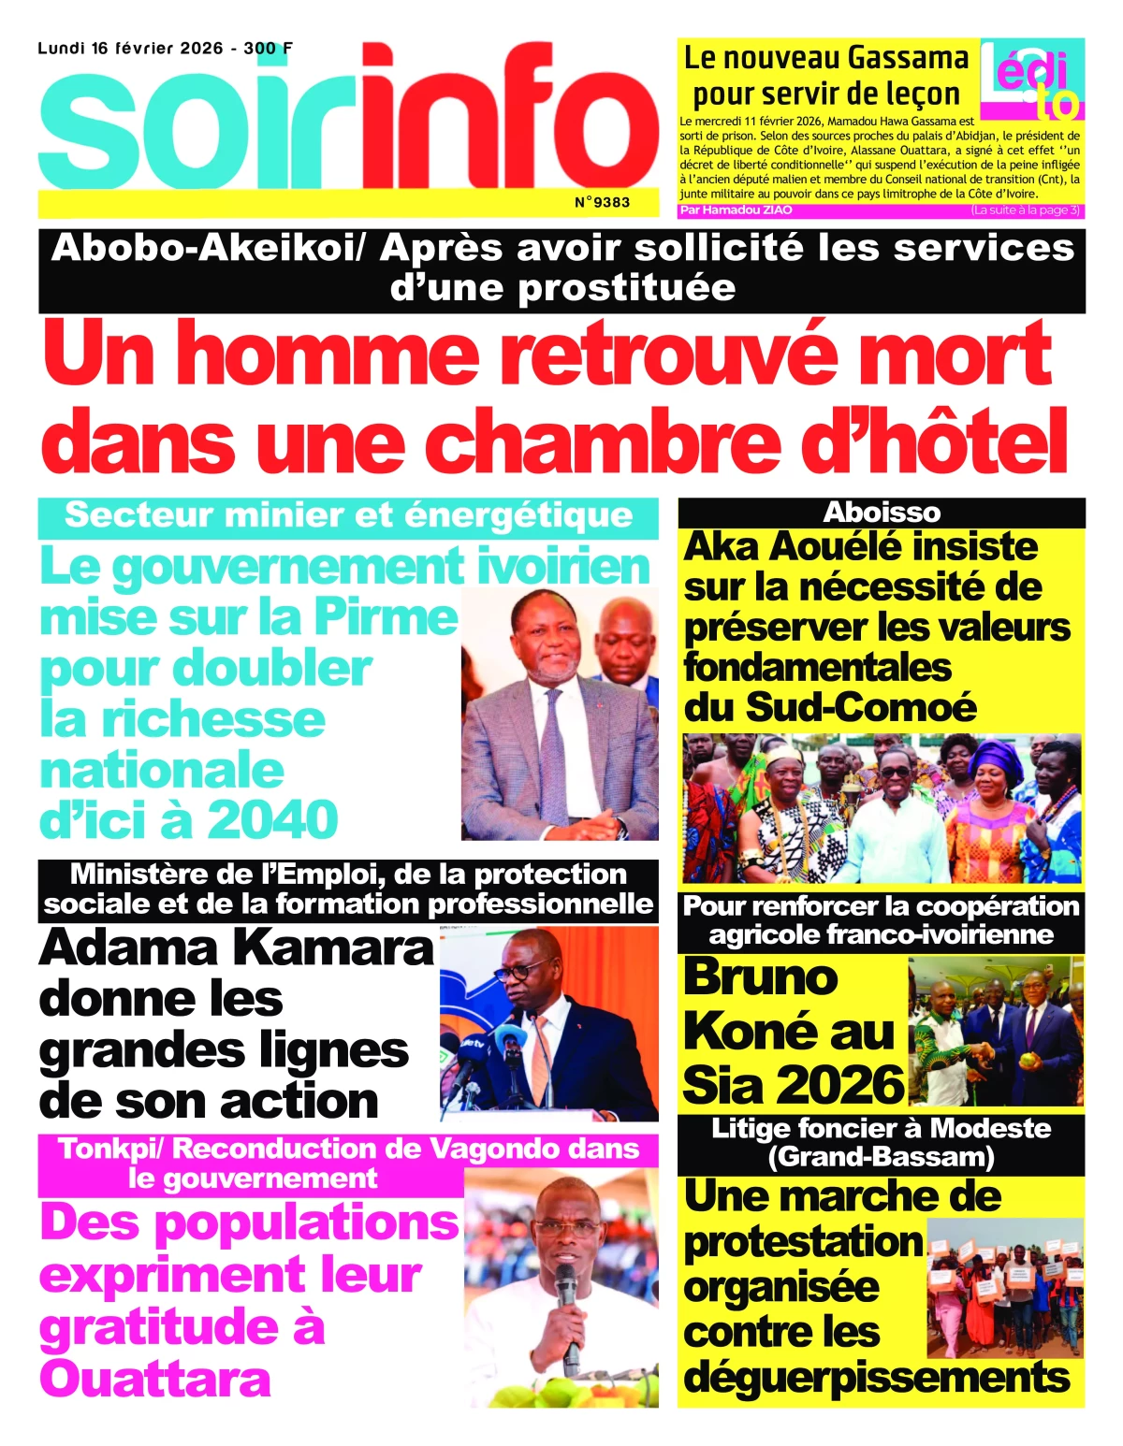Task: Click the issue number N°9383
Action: pos(602,201)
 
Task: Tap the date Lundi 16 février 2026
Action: pos(130,48)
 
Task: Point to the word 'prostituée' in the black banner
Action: pos(625,287)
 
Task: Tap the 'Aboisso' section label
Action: pos(882,513)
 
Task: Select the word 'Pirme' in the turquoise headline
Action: pos(386,617)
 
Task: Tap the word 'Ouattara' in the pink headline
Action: pos(155,1378)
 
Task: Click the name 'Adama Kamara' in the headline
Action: pos(237,947)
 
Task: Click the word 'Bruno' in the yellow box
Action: pos(761,976)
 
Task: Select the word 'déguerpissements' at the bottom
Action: pos(877,1377)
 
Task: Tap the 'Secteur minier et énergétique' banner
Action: pos(348,515)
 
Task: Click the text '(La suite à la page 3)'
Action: pos(1025,210)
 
